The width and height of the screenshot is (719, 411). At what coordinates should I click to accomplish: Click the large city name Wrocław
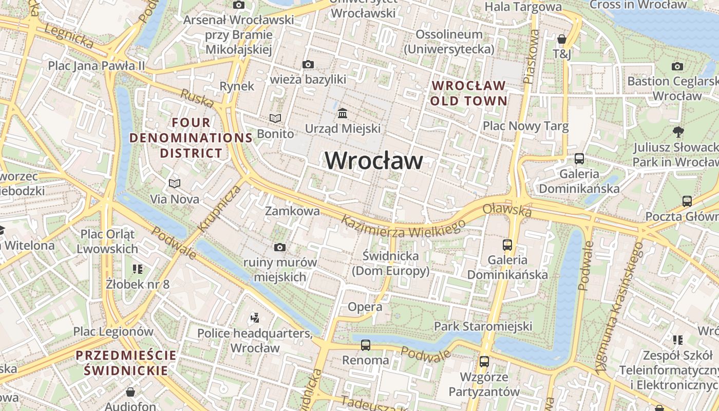[x=374, y=160]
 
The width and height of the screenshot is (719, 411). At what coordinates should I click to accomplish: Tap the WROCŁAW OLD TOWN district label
[x=468, y=93]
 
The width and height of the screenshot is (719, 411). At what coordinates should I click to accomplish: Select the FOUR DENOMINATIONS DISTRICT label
[x=191, y=138]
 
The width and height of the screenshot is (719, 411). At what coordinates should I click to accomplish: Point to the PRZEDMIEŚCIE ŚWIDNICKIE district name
[x=126, y=363]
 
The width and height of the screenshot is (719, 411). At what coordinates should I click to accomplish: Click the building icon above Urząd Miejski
[x=342, y=113]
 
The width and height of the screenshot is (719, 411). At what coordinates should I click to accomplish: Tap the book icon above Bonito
[x=276, y=119]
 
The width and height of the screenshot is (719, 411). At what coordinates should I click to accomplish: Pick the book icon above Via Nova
[x=175, y=183]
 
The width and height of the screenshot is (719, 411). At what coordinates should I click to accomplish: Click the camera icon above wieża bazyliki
[x=308, y=64]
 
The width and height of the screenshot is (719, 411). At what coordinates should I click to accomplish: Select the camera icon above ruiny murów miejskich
[x=279, y=247]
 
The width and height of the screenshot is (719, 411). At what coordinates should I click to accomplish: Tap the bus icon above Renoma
[x=366, y=345]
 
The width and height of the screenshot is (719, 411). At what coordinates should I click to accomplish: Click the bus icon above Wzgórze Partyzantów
[x=484, y=361]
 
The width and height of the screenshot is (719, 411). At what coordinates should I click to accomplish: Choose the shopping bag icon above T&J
[x=562, y=39]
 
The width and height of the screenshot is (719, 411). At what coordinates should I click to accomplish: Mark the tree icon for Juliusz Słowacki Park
[x=678, y=132]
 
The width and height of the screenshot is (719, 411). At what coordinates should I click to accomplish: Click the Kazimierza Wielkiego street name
[x=403, y=227]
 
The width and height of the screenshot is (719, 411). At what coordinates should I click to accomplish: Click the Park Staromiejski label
[x=483, y=326]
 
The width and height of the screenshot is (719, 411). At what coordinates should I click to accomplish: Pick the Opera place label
[x=365, y=307]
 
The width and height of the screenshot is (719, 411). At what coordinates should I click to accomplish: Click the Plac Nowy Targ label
[x=525, y=126]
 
